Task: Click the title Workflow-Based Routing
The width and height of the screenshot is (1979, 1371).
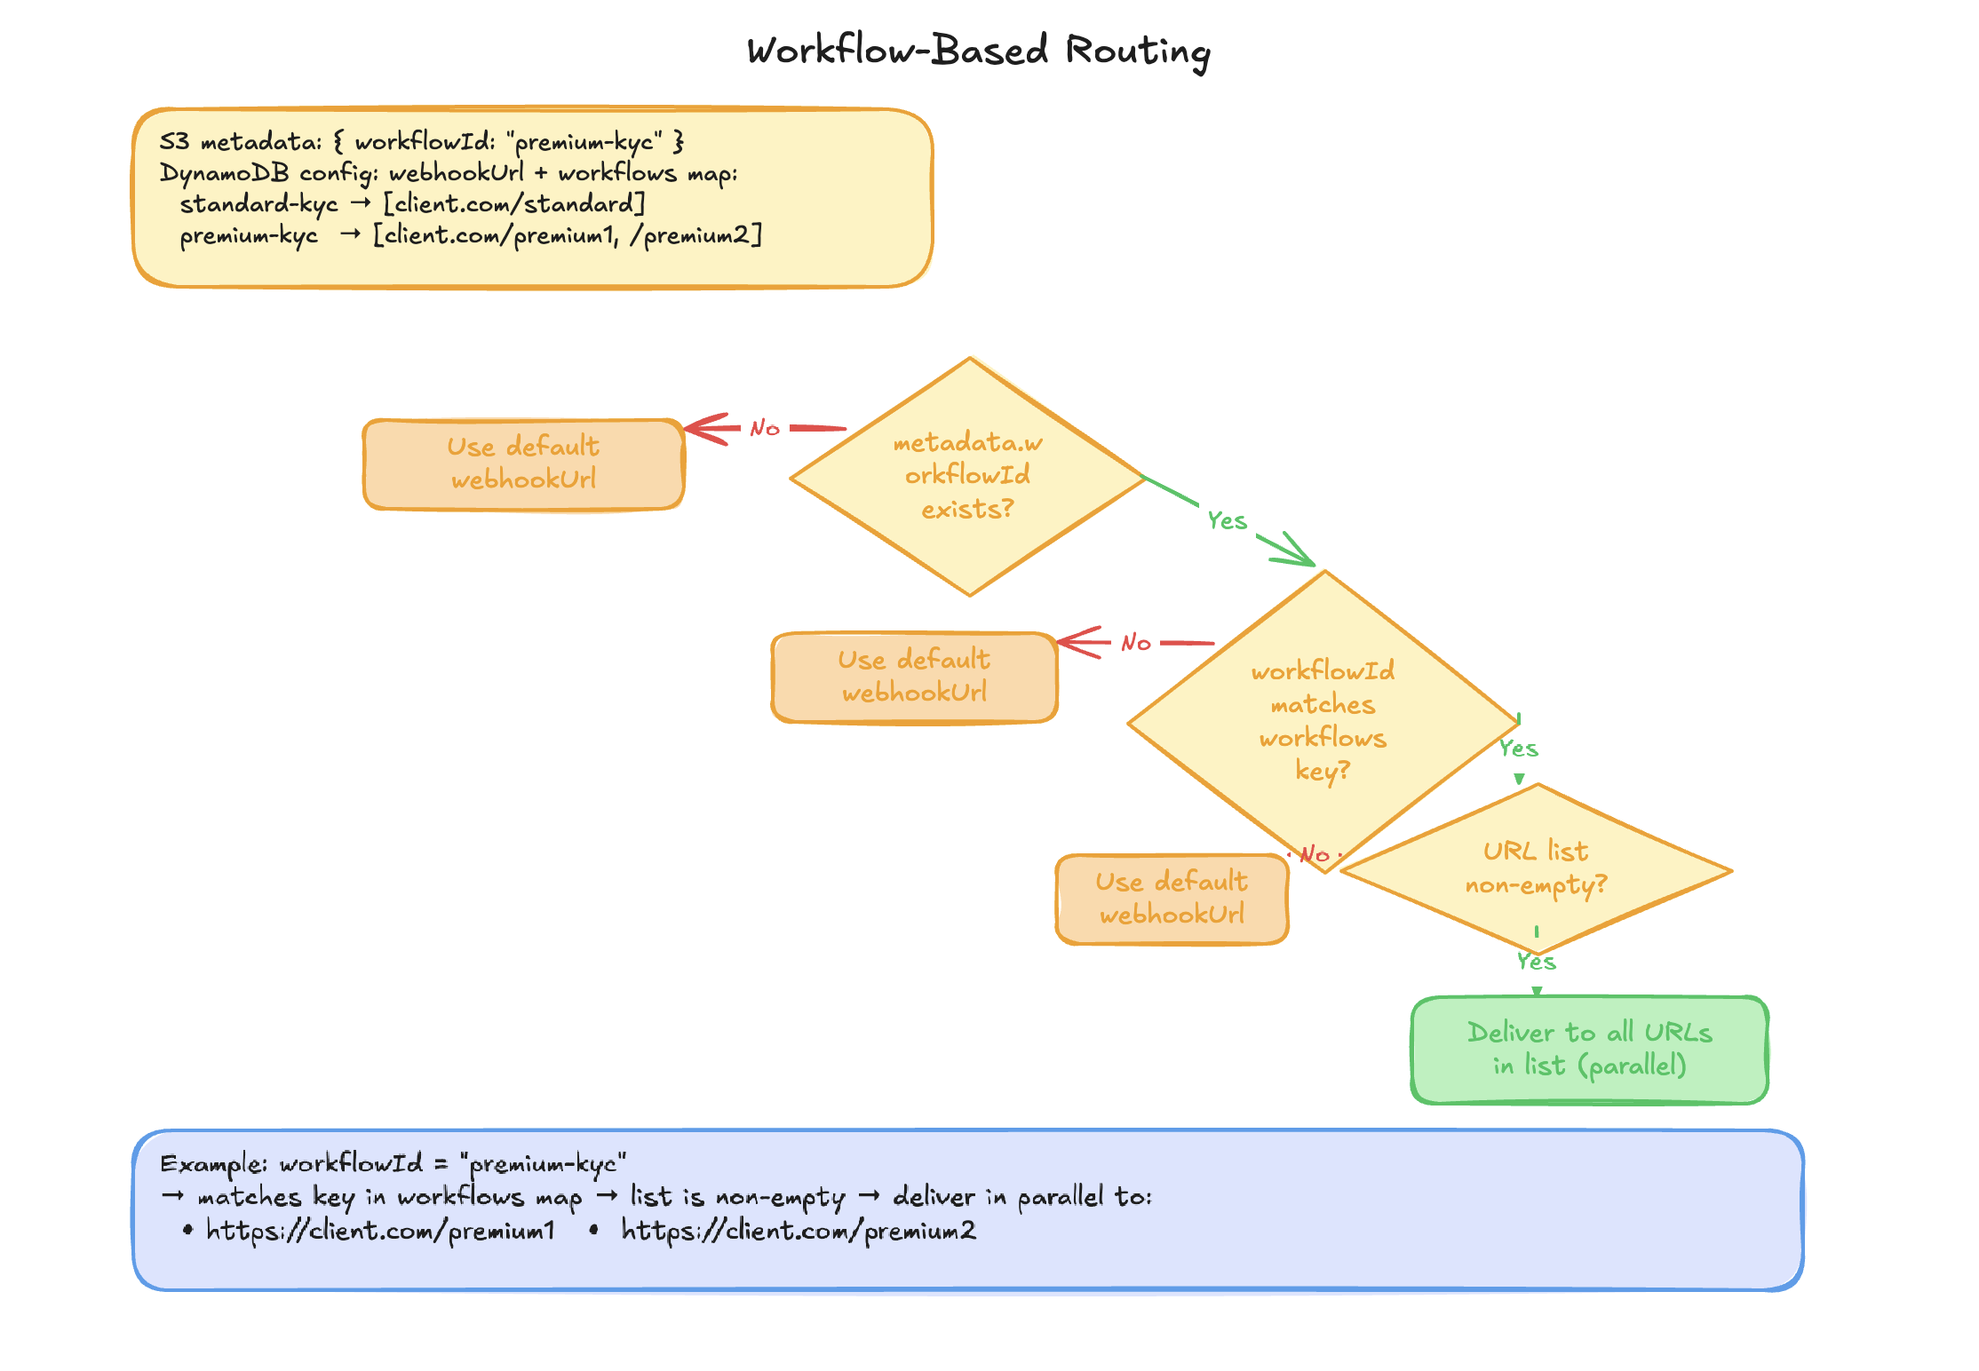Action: (x=978, y=51)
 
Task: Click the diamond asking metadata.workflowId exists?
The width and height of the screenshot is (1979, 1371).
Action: (x=968, y=476)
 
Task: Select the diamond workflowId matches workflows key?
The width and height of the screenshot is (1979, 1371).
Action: (x=1323, y=720)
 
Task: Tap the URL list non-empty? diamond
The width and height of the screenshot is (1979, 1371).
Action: (x=1536, y=868)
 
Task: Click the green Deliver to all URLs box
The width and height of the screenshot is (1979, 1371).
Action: (x=1589, y=1049)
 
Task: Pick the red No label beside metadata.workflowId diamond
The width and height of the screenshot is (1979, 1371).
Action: (x=765, y=429)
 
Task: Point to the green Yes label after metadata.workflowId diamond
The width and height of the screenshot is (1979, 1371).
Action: (x=1227, y=521)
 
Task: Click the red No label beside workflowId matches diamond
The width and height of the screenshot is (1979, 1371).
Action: (x=1136, y=643)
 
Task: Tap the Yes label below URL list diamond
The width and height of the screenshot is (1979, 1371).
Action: (x=1536, y=962)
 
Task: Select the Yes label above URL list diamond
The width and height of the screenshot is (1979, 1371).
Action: (x=1518, y=749)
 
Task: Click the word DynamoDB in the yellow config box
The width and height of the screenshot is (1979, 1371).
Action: (x=224, y=173)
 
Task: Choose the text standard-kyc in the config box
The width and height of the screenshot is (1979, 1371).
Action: (x=258, y=205)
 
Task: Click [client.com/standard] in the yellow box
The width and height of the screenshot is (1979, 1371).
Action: (x=513, y=204)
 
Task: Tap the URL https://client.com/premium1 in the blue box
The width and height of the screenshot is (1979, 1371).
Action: (x=380, y=1231)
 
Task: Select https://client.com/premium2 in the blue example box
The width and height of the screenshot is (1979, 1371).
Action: (x=798, y=1231)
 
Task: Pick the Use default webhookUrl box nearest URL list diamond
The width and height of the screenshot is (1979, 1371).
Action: (x=1171, y=899)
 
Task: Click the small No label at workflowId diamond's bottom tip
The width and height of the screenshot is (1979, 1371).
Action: (x=1315, y=855)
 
